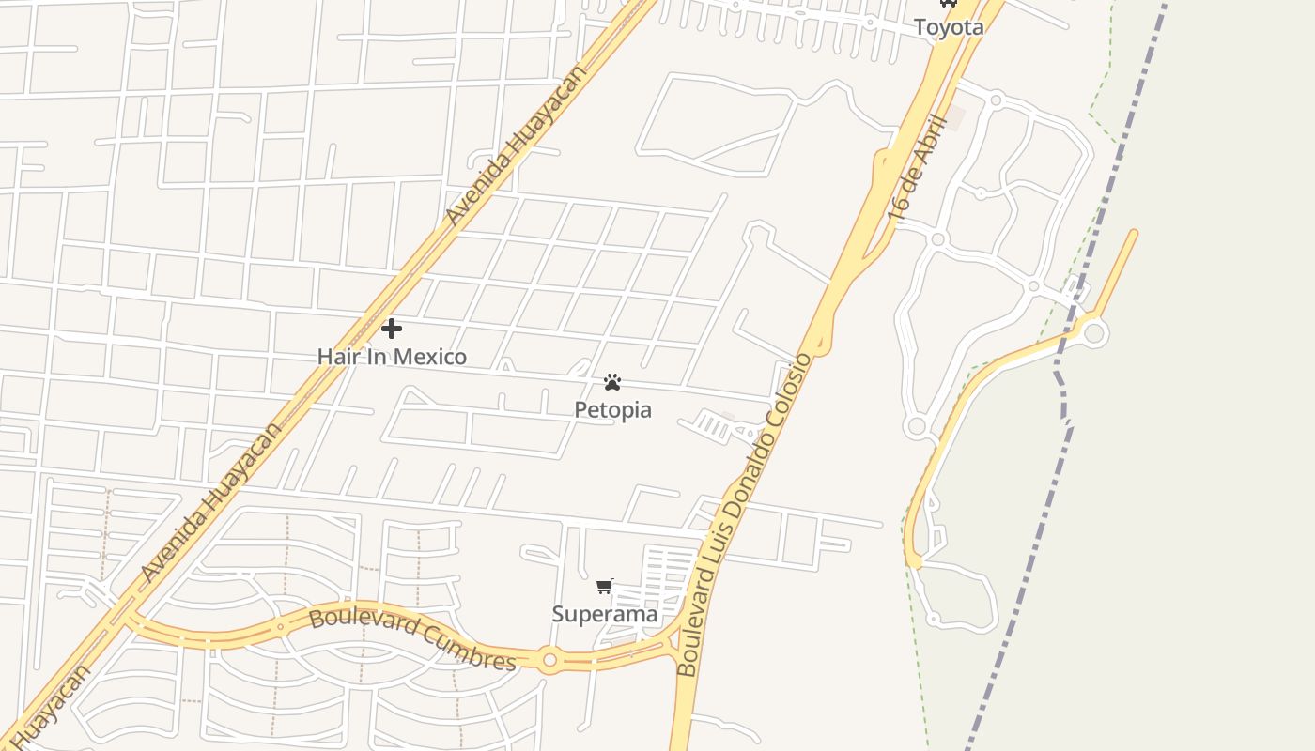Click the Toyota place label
(x=949, y=27)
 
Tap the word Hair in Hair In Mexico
(x=336, y=357)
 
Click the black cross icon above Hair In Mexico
(x=392, y=329)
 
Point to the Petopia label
(x=612, y=410)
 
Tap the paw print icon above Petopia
(x=612, y=382)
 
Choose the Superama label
(x=605, y=614)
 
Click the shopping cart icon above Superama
(x=605, y=586)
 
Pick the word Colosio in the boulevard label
(x=791, y=393)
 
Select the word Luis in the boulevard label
(x=720, y=549)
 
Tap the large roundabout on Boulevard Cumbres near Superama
(x=549, y=660)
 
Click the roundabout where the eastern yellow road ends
(x=1095, y=332)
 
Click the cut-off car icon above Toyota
(x=949, y=3)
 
